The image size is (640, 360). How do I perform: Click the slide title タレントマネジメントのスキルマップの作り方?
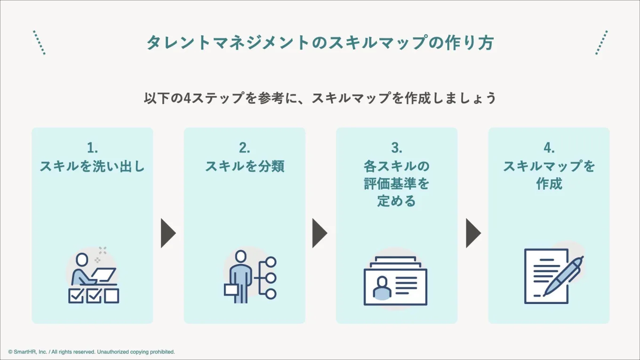coord(320,43)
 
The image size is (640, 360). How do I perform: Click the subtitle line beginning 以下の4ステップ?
coord(320,98)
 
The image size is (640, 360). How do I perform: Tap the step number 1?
coord(92,148)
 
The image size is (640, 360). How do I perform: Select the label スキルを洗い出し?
coord(92,166)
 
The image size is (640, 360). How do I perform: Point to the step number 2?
coord(244,148)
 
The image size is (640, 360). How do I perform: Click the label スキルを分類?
coord(244,166)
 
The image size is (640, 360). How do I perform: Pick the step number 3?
coord(397,148)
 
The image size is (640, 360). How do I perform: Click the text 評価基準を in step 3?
coord(397,184)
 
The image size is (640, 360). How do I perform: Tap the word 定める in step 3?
coord(397,201)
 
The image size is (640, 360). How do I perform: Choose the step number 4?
coord(549,148)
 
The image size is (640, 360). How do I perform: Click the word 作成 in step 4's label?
coord(549,184)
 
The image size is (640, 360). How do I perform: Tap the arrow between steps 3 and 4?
coord(472,233)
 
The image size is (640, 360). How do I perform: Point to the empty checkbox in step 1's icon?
coord(112,296)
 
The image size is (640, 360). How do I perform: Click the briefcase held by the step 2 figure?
coord(231,289)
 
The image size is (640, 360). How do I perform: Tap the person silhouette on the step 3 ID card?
coord(382,287)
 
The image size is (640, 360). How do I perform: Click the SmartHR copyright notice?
coord(91,352)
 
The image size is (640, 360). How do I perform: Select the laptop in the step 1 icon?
coord(103,274)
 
